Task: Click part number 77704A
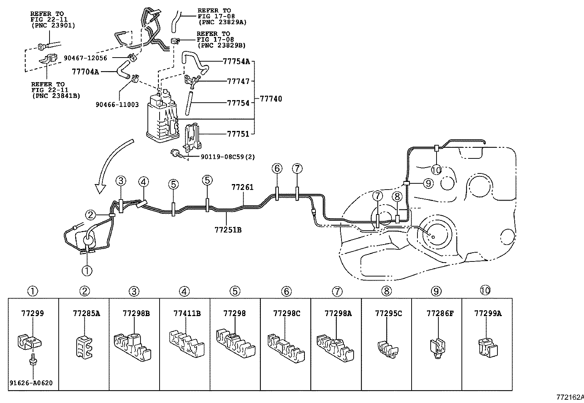coord(85,72)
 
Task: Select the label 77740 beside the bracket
coord(271,99)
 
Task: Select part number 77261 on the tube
coord(242,187)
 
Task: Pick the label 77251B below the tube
coord(228,230)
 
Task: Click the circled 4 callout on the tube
coord(143,182)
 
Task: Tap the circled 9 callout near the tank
coord(428,183)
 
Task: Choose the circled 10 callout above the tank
coord(436,170)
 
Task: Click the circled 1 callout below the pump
coord(87,271)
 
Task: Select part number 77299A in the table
coord(488,313)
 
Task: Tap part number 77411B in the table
coord(187,313)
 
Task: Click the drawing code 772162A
coord(570,397)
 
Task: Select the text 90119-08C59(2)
coord(228,157)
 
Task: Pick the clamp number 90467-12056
coord(85,58)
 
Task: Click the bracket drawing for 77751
coord(193,138)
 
